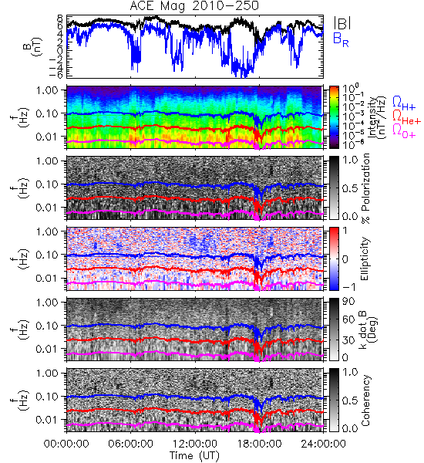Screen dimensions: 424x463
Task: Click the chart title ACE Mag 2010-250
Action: (194, 5)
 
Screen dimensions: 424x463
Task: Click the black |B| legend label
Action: (342, 23)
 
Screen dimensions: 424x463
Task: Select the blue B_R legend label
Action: (341, 40)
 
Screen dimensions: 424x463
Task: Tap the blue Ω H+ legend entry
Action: (404, 103)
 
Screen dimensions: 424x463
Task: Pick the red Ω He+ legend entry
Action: (406, 117)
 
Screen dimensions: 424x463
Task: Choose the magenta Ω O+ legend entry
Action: (404, 131)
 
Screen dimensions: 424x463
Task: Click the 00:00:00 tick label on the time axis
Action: (66, 444)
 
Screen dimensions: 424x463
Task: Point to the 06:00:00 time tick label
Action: (131, 444)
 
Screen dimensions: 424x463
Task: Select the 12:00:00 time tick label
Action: (195, 444)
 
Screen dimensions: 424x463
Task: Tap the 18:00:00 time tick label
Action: (259, 444)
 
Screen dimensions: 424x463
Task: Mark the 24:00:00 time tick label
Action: (323, 444)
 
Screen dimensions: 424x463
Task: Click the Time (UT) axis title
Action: (194, 456)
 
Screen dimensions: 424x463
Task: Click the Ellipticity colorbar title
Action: (365, 259)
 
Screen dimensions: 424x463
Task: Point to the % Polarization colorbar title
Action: (365, 188)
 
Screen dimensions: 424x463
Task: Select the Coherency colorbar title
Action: (365, 400)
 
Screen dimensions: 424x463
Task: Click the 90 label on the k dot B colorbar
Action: (348, 302)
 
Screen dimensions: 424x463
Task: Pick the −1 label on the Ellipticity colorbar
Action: (348, 287)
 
